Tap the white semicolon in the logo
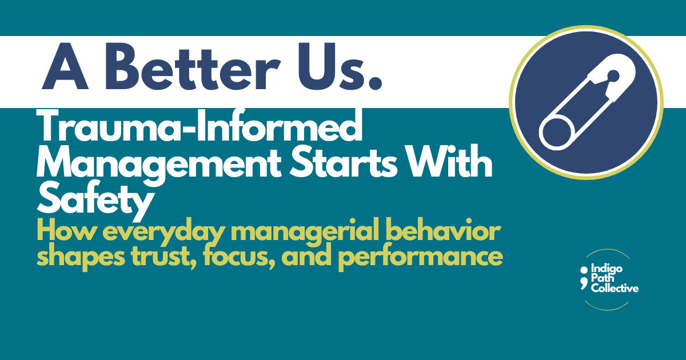pyautogui.click(x=583, y=274)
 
